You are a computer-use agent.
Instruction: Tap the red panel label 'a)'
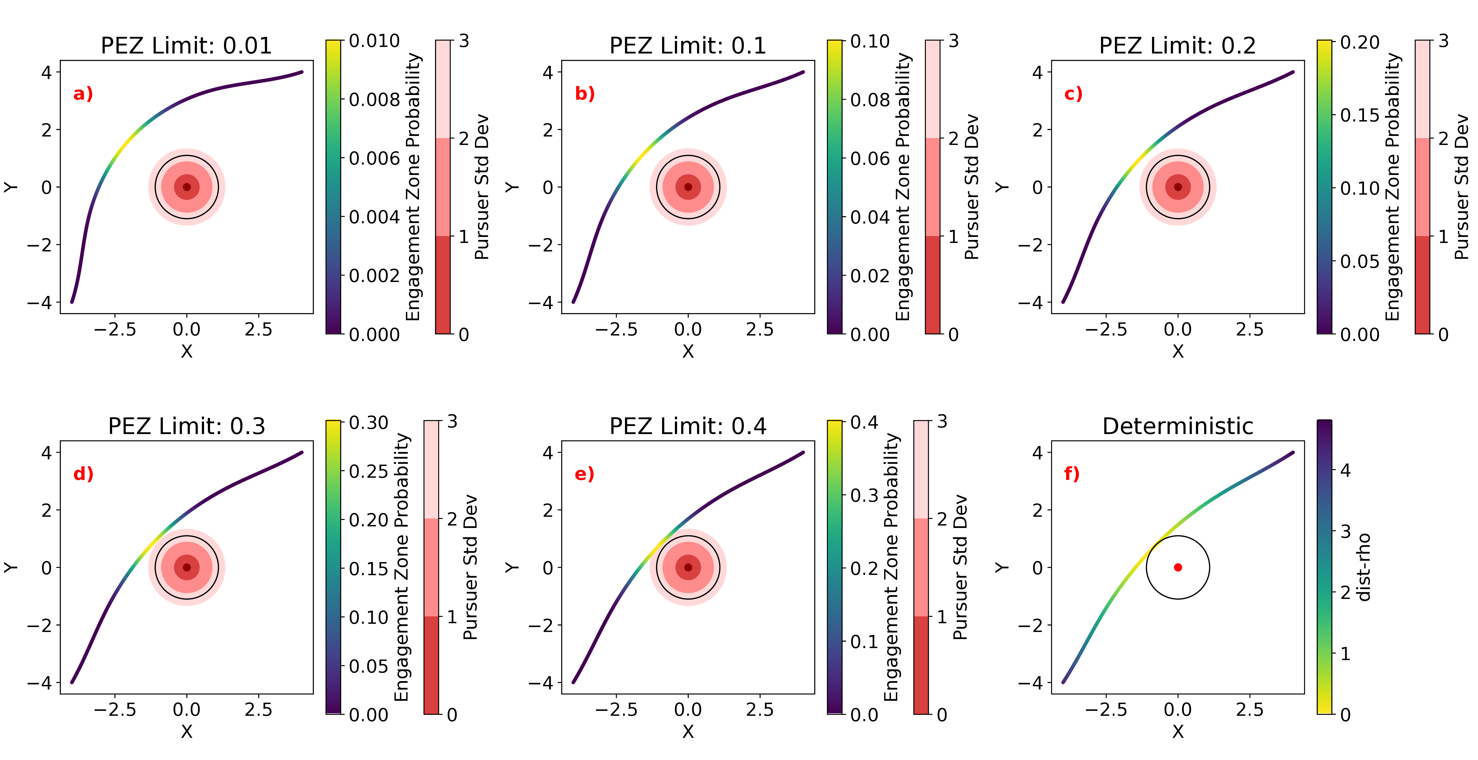(x=83, y=94)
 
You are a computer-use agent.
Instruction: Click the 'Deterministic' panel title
(x=1177, y=426)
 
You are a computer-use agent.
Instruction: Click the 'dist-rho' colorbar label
(x=1365, y=567)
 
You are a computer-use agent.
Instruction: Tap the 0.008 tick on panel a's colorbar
(x=374, y=100)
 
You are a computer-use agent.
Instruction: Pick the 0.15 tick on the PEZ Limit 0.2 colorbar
(x=1359, y=115)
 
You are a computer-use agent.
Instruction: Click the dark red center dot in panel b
(x=688, y=186)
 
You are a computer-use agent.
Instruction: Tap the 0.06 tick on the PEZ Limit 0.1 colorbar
(x=870, y=158)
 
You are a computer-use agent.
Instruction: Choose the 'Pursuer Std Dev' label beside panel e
(x=960, y=567)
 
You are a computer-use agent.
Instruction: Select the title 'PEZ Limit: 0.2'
(x=1177, y=45)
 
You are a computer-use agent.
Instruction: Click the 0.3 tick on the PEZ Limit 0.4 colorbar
(x=864, y=495)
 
